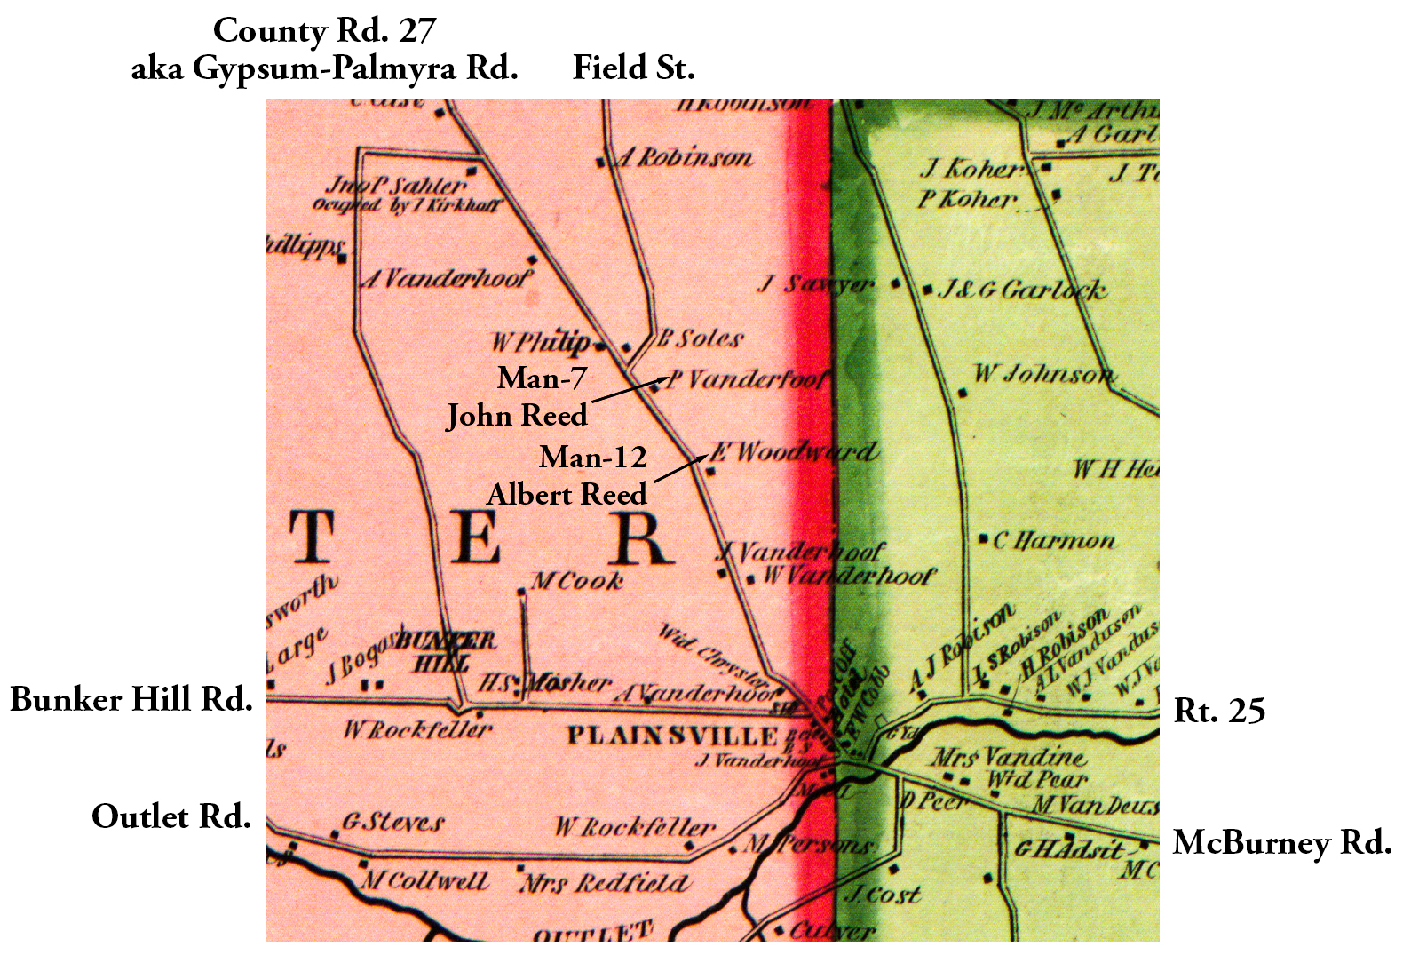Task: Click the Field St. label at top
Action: tap(633, 68)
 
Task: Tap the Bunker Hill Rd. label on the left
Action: tap(131, 700)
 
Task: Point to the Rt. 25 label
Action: tap(1219, 712)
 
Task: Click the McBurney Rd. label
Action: tap(1281, 843)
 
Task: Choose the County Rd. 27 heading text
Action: tap(324, 31)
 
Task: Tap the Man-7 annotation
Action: tap(542, 378)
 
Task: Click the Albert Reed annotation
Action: tap(567, 495)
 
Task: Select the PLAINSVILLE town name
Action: tap(672, 736)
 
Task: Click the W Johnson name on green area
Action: tap(1042, 374)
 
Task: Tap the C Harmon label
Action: tap(1054, 541)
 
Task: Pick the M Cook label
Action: tap(577, 582)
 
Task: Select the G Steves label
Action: tap(393, 823)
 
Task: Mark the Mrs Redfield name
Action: tap(604, 884)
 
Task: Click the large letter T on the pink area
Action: tap(310, 537)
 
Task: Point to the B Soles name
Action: tap(700, 338)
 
